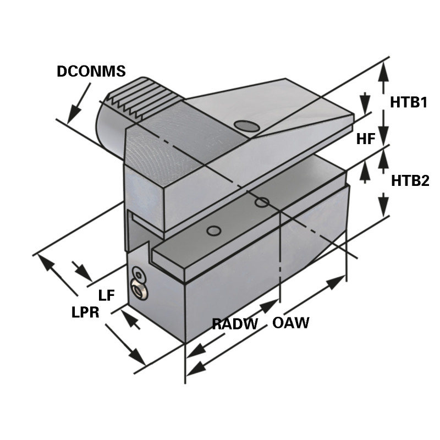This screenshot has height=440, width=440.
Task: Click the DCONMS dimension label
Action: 91,71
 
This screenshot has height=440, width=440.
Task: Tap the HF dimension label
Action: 365,139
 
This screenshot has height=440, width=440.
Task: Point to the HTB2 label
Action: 409,180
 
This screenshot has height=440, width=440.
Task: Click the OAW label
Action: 290,323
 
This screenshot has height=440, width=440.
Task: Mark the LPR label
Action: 85,313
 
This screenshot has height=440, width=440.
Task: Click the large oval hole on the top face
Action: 247,126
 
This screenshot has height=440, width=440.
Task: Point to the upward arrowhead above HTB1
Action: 384,68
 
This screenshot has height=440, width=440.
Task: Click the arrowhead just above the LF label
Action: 83,272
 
